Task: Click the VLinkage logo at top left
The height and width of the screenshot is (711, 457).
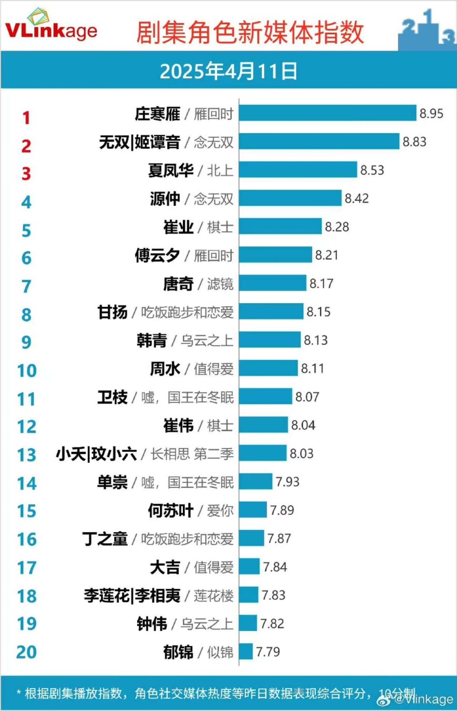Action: pyautogui.click(x=51, y=27)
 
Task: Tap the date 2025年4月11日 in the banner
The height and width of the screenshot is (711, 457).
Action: pyautogui.click(x=228, y=71)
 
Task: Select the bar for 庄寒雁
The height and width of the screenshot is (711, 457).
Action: pyautogui.click(x=328, y=113)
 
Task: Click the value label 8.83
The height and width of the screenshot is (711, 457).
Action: pyautogui.click(x=414, y=142)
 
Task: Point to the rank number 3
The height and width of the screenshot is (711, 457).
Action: pyautogui.click(x=26, y=174)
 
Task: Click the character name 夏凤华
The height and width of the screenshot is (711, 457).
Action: pyautogui.click(x=170, y=170)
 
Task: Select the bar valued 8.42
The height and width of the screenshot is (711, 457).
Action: pyautogui.click(x=290, y=198)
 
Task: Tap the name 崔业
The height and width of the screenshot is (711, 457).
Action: pyautogui.click(x=178, y=227)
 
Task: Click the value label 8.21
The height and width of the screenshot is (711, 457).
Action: pyautogui.click(x=327, y=255)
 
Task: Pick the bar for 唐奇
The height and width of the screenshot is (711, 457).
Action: pyautogui.click(x=273, y=283)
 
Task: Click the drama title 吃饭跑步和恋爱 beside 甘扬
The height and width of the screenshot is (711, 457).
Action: pyautogui.click(x=187, y=312)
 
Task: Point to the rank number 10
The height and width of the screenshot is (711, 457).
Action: pyautogui.click(x=27, y=371)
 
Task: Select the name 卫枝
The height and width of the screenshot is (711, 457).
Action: pyautogui.click(x=112, y=397)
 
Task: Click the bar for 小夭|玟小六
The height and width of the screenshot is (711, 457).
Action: pyautogui.click(x=263, y=454)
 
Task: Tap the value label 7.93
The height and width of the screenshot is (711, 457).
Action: pyautogui.click(x=288, y=482)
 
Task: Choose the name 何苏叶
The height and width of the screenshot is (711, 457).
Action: pyautogui.click(x=170, y=511)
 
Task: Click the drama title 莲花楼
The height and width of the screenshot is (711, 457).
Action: pyautogui.click(x=213, y=595)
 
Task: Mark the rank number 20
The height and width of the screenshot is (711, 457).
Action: pyautogui.click(x=26, y=652)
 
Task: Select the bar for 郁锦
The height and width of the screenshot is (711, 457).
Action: pyautogui.click(x=246, y=652)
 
